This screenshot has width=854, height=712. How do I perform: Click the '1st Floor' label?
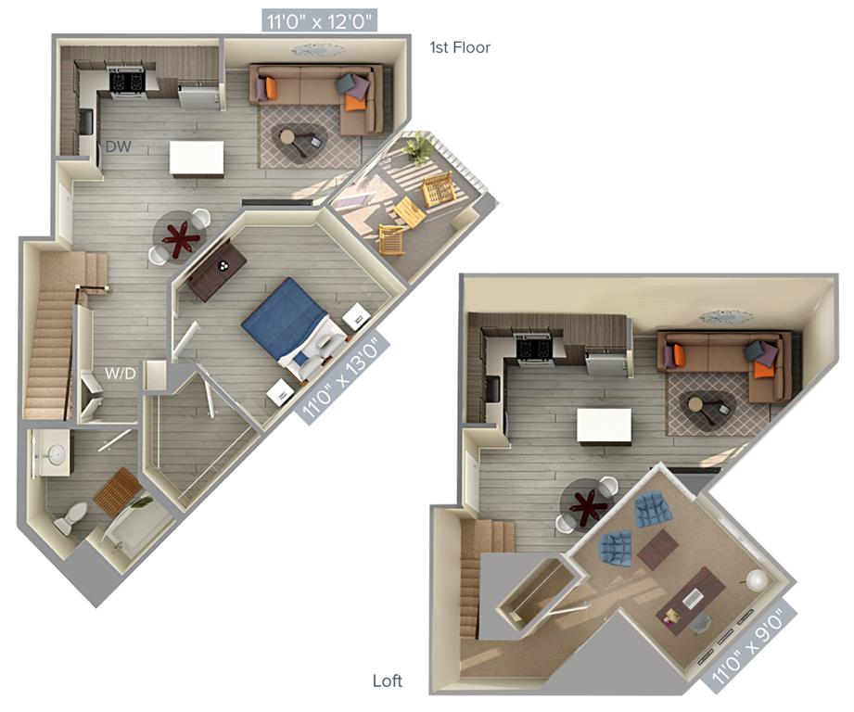[460, 47]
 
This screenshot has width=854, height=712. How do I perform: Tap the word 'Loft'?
[388, 680]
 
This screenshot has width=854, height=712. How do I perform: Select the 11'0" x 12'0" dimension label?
[320, 22]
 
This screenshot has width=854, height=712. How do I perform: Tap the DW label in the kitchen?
[118, 146]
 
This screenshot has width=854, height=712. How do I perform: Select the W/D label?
[120, 374]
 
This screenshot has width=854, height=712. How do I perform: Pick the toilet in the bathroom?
[70, 516]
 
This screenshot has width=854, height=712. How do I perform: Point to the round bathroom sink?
[55, 453]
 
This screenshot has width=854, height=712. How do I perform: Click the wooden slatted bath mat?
[118, 490]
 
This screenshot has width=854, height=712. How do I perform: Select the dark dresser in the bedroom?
[217, 270]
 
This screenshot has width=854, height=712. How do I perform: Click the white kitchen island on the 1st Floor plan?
[197, 158]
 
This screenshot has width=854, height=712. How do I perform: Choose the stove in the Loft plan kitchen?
[534, 349]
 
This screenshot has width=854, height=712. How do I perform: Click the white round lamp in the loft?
[757, 579]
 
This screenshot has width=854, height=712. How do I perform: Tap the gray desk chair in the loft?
[699, 624]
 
